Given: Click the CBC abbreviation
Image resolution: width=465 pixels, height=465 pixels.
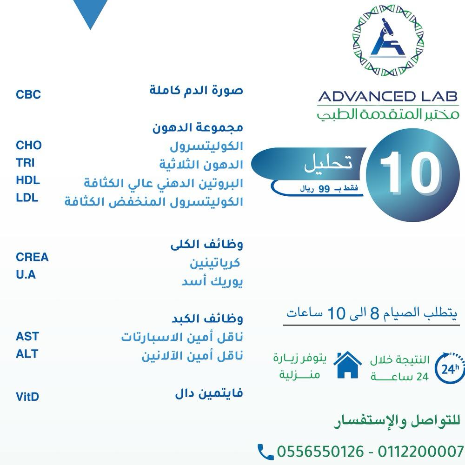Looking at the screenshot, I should (28, 95).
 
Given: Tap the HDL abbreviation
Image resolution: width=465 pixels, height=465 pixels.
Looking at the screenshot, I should (28, 180).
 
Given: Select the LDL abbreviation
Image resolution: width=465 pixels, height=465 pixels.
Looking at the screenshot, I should (27, 198).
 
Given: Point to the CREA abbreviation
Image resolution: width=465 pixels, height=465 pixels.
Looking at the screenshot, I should (32, 257).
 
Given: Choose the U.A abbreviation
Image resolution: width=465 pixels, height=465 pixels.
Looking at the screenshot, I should (26, 275).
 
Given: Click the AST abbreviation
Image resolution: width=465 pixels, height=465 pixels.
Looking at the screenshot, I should (27, 336).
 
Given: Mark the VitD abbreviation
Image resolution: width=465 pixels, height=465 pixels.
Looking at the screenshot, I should (27, 397).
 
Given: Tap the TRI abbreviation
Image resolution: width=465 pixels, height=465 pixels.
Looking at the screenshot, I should (25, 163).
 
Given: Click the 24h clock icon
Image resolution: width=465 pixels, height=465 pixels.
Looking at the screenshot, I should (449, 369).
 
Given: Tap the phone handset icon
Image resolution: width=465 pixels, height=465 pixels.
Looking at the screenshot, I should (266, 452).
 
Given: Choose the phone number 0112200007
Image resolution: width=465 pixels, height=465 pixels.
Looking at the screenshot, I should (421, 452).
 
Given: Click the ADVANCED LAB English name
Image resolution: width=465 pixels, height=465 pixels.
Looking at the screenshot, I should (388, 97).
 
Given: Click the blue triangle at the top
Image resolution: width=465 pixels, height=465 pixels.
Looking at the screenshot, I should (91, 14).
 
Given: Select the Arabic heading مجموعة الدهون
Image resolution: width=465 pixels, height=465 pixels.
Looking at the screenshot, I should (198, 127).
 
